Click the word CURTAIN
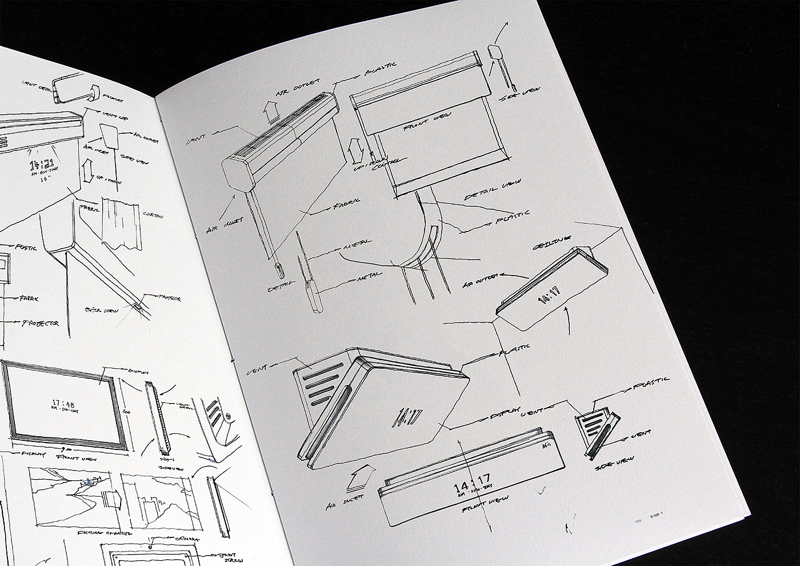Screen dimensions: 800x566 click(153, 216)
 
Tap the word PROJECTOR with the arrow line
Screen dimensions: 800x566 click(41, 324)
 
